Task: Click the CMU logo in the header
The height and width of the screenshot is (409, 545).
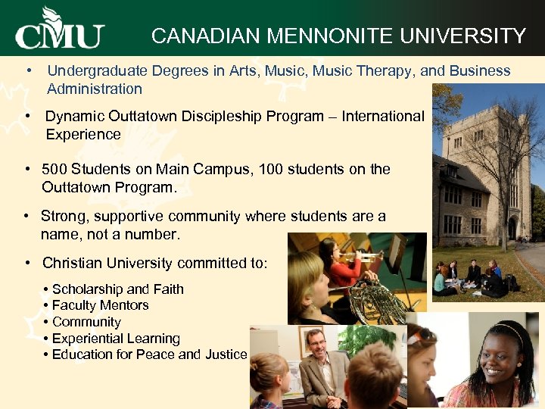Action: click(60, 30)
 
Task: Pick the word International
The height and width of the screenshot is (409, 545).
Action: click(383, 116)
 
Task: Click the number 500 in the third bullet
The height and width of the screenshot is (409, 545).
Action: click(54, 169)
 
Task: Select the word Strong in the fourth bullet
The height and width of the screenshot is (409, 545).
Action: click(63, 216)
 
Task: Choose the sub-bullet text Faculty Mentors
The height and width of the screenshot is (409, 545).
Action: click(101, 305)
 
